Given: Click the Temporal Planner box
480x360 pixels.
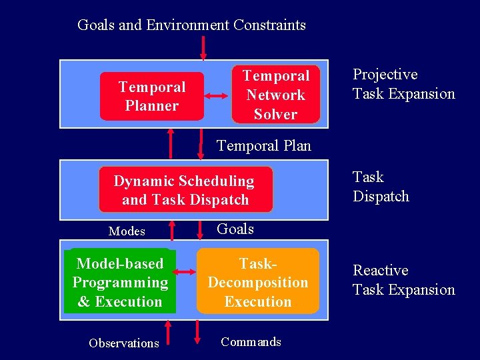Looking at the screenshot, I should [152, 96].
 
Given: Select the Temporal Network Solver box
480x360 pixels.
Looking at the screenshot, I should [275, 95].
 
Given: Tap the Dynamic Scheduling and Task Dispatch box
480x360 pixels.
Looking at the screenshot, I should [185, 190].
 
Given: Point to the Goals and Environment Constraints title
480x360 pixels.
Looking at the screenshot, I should [191, 25].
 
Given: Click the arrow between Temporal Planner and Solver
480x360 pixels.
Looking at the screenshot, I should [217, 96].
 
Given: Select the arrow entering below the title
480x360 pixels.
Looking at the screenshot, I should [203, 47].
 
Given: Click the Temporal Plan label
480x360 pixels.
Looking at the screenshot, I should [264, 145].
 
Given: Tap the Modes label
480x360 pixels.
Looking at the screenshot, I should [127, 231].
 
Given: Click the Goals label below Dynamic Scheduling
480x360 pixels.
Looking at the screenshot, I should [235, 229].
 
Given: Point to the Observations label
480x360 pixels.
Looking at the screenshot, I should [124, 343].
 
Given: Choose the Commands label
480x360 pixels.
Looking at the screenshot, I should [251, 342].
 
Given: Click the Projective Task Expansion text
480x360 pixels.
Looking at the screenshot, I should [403, 84].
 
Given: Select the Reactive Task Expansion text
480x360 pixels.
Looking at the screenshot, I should [403, 280].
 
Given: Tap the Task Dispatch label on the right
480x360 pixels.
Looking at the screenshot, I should [381, 187].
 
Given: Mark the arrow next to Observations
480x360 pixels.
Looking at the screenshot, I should [168, 333].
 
